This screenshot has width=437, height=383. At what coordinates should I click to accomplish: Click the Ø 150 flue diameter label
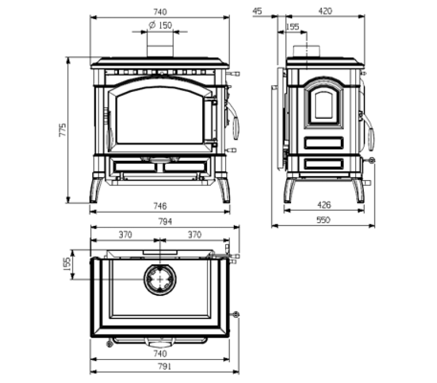click(x=160, y=25)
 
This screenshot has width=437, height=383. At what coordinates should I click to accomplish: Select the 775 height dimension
click(x=63, y=130)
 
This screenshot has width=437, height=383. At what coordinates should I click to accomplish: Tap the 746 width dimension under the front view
click(x=160, y=206)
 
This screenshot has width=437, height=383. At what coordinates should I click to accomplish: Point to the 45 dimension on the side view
click(x=257, y=11)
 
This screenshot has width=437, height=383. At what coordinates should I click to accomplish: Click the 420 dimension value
click(x=325, y=11)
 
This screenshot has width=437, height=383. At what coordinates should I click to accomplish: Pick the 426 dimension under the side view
click(x=324, y=205)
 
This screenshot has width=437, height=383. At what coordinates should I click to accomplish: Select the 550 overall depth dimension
click(x=323, y=220)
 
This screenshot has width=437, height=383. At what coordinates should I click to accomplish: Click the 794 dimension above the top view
click(x=166, y=222)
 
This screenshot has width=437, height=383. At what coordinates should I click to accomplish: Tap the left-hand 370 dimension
click(x=126, y=235)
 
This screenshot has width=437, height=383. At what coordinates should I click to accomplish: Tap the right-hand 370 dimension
click(x=194, y=235)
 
